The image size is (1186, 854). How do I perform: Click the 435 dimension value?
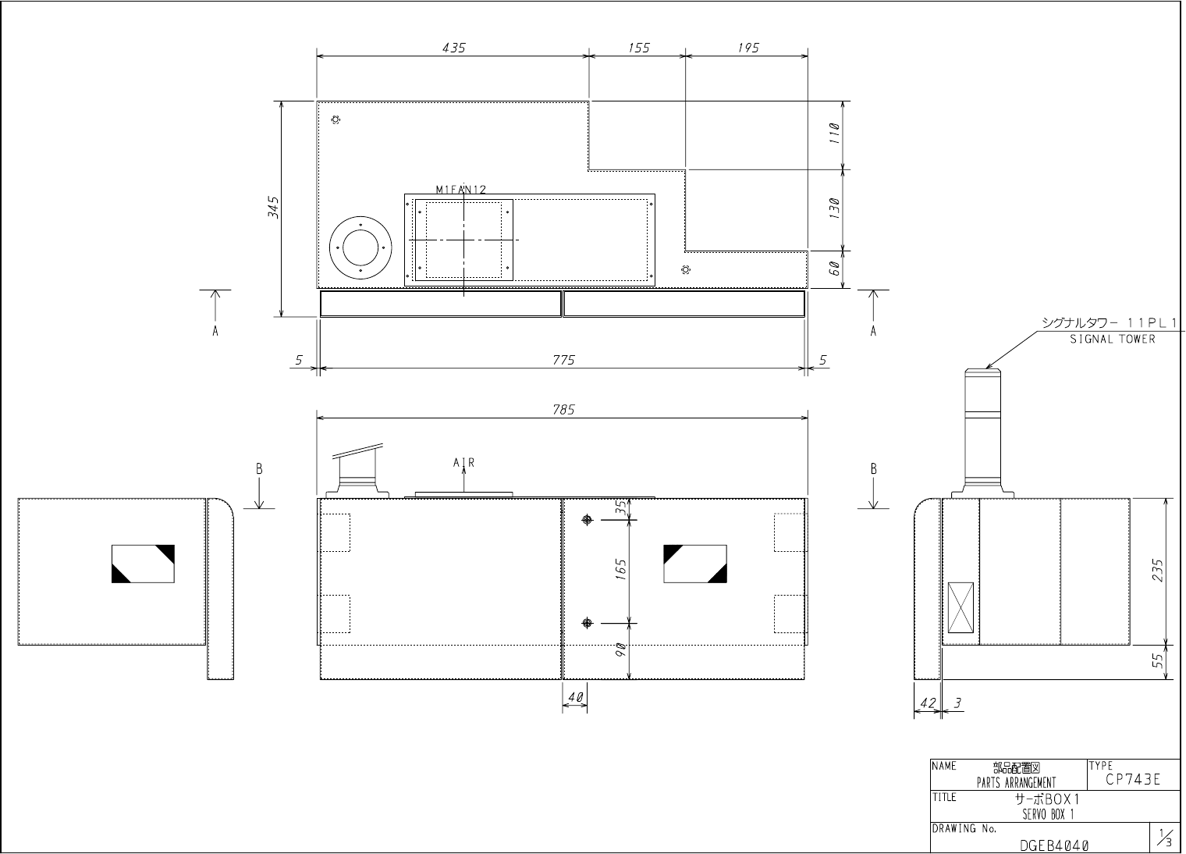(x=454, y=48)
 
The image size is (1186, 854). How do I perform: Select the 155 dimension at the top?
(x=638, y=48)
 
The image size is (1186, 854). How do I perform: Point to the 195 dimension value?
(x=748, y=48)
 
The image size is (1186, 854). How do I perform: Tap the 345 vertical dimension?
(x=272, y=207)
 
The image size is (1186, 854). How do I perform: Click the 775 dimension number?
(x=563, y=360)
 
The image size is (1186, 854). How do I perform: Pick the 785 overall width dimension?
(x=563, y=410)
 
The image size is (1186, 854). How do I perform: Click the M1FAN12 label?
(x=460, y=189)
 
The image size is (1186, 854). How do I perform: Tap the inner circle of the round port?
(x=360, y=248)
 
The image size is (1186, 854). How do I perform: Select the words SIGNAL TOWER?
(x=1113, y=339)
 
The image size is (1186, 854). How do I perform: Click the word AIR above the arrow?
(x=463, y=462)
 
